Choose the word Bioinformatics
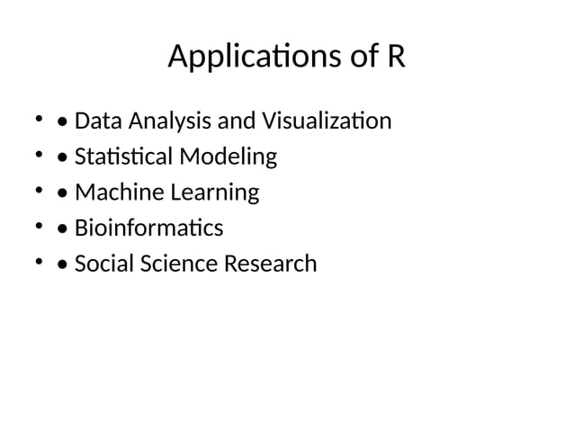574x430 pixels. coord(148,228)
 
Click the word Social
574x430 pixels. coord(101,264)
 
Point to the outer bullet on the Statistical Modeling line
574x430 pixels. coord(39,154)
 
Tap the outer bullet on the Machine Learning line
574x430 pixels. coord(39,190)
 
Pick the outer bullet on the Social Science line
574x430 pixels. coord(39,262)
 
